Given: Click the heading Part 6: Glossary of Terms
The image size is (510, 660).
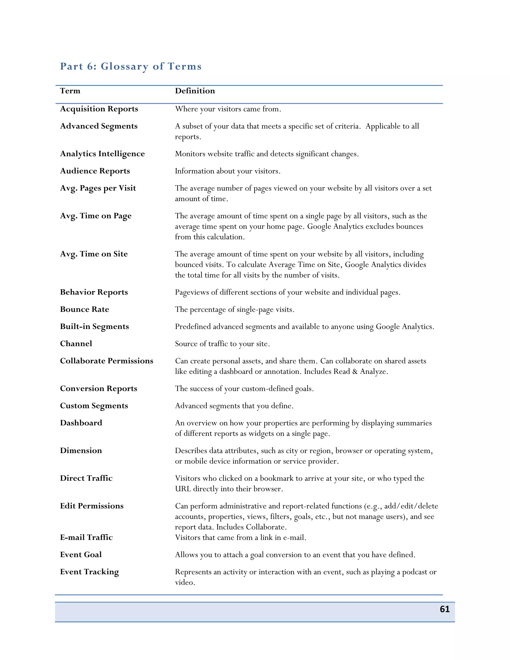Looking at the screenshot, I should [130, 66].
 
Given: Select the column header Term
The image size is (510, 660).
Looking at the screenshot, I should [70, 91].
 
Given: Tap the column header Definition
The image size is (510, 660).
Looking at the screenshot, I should [195, 91].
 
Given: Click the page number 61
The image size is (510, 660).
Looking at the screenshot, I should [445, 609].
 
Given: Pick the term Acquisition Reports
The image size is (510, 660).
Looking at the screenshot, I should [99, 109].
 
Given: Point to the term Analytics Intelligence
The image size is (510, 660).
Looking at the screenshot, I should [102, 154].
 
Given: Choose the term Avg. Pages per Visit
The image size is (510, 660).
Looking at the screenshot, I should [98, 188].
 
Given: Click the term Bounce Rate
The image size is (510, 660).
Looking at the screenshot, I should [84, 309].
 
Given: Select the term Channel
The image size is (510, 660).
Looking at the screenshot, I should [76, 344].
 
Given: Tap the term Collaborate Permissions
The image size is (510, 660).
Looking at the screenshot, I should [106, 361].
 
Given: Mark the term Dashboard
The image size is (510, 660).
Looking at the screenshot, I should [81, 423].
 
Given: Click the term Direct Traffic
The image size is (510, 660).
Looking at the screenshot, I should [86, 478].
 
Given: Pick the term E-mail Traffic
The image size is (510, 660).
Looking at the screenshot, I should [86, 537].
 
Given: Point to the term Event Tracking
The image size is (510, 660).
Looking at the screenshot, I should [89, 572].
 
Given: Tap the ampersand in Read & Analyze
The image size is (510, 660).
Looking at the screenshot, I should [355, 371].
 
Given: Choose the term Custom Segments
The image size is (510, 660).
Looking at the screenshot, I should [94, 405].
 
